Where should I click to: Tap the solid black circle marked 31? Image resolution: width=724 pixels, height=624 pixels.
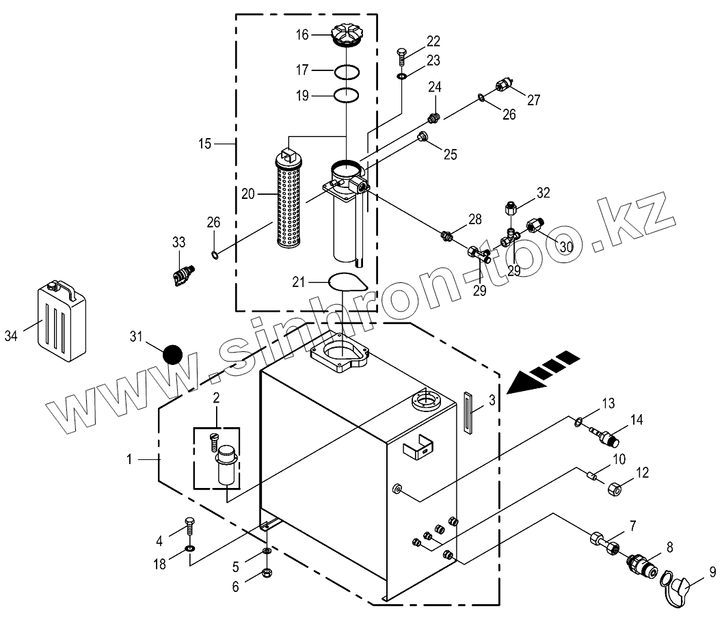coord(172,355)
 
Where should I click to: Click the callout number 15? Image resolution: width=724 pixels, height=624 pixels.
coord(204,144)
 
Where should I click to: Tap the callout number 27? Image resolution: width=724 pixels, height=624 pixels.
coord(533,100)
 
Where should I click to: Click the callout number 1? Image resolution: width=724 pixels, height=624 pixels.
coord(130,459)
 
